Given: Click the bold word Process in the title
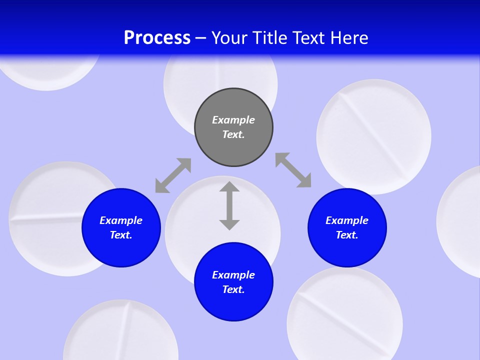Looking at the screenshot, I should click(157, 38).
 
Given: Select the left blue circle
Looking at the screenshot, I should click(121, 250).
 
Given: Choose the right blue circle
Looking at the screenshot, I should click(347, 250).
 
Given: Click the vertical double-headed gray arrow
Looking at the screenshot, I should click(229, 205).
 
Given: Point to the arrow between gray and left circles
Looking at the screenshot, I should click(173, 175).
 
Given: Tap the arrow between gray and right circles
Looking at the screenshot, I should click(293, 170).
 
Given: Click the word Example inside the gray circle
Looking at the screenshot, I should click(233, 120).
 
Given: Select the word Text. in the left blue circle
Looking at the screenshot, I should click(121, 235).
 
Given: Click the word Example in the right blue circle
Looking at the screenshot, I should click(347, 220).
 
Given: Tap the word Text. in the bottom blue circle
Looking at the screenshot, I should click(233, 289).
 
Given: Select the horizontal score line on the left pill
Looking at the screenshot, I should click(45, 218).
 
